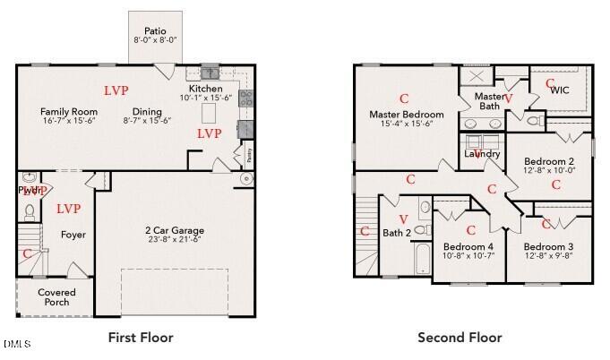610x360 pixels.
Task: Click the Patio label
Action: (x=156, y=30)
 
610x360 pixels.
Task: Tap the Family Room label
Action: (x=69, y=112)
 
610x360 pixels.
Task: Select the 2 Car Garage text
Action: (x=160, y=229)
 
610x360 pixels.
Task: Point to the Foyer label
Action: (x=73, y=235)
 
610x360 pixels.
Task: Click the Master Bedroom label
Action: (x=407, y=115)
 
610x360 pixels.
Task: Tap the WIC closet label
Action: (x=560, y=90)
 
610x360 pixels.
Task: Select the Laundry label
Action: (x=482, y=154)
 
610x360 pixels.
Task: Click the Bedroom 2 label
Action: (x=549, y=160)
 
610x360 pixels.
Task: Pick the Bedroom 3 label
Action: (x=549, y=246)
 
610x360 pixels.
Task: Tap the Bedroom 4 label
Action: (x=468, y=246)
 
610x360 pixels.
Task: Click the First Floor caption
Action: (x=141, y=338)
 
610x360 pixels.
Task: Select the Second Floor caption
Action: (x=460, y=338)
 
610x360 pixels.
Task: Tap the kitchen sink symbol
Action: (x=210, y=73)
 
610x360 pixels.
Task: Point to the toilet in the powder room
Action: (x=29, y=212)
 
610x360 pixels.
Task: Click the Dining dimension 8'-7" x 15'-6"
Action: (x=143, y=121)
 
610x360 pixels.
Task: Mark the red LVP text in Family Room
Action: (x=116, y=90)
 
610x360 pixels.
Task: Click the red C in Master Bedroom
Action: (x=404, y=98)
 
